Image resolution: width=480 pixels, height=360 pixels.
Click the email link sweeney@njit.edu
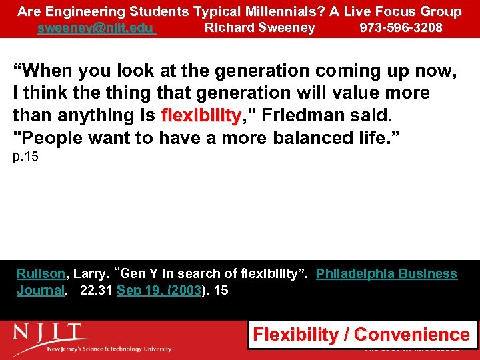point(96,28)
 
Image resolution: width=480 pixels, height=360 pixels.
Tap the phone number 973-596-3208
point(401,28)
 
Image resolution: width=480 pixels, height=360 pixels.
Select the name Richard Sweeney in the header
point(259,28)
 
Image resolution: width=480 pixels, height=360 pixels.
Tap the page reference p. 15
point(25,158)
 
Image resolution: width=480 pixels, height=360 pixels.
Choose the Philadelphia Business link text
point(386,274)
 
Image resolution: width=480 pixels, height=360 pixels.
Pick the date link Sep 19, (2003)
point(159,290)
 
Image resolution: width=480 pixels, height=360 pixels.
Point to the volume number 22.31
point(96,290)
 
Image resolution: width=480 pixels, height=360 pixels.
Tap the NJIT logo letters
point(51,331)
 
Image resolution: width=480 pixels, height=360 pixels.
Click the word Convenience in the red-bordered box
point(411,335)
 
